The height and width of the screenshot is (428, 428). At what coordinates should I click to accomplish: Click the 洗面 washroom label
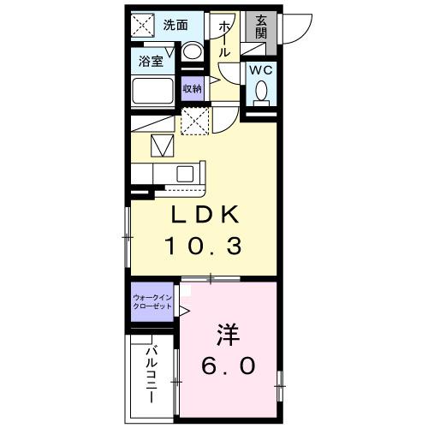click(176, 24)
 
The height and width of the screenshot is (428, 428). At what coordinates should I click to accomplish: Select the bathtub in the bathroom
click(155, 91)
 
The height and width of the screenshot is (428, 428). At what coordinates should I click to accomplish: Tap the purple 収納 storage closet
click(193, 87)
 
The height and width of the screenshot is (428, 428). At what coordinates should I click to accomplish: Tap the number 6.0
click(228, 366)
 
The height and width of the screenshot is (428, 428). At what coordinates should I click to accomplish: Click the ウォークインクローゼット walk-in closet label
click(152, 303)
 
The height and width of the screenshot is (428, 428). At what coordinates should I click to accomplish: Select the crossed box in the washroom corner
click(142, 25)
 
